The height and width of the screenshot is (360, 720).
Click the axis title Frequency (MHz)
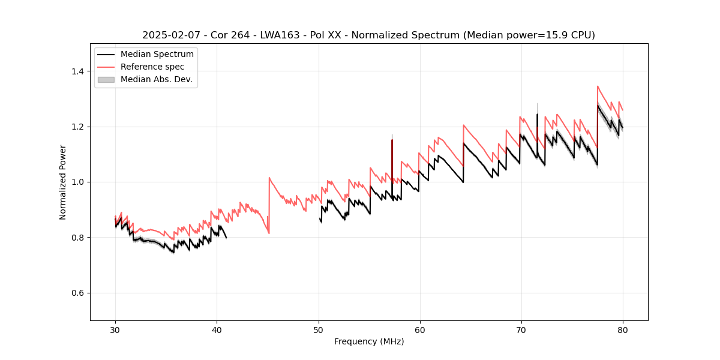pos(369,341)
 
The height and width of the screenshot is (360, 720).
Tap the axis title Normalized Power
pos(63,182)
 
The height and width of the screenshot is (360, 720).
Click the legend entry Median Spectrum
pos(157,55)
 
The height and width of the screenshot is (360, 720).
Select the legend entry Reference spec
pos(152,67)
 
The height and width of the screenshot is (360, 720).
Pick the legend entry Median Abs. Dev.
pos(157,79)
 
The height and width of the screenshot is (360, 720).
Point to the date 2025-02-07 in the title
pos(170,35)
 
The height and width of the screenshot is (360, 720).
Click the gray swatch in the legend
pos(106,79)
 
